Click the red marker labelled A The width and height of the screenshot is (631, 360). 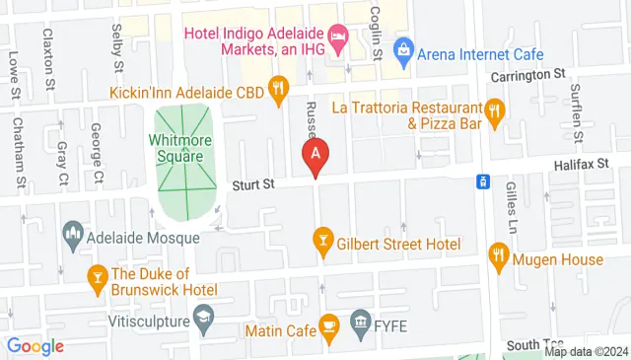pyautogui.click(x=315, y=155)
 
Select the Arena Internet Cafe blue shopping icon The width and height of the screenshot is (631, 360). pyautogui.click(x=402, y=48)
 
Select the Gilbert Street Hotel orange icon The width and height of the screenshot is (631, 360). pyautogui.click(x=321, y=239)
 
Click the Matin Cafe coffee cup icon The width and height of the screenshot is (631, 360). pyautogui.click(x=330, y=324)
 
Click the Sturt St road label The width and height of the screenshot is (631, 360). pyautogui.click(x=250, y=183)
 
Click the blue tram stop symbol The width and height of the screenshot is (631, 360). pyautogui.click(x=483, y=181)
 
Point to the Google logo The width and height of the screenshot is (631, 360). pyautogui.click(x=35, y=346)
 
